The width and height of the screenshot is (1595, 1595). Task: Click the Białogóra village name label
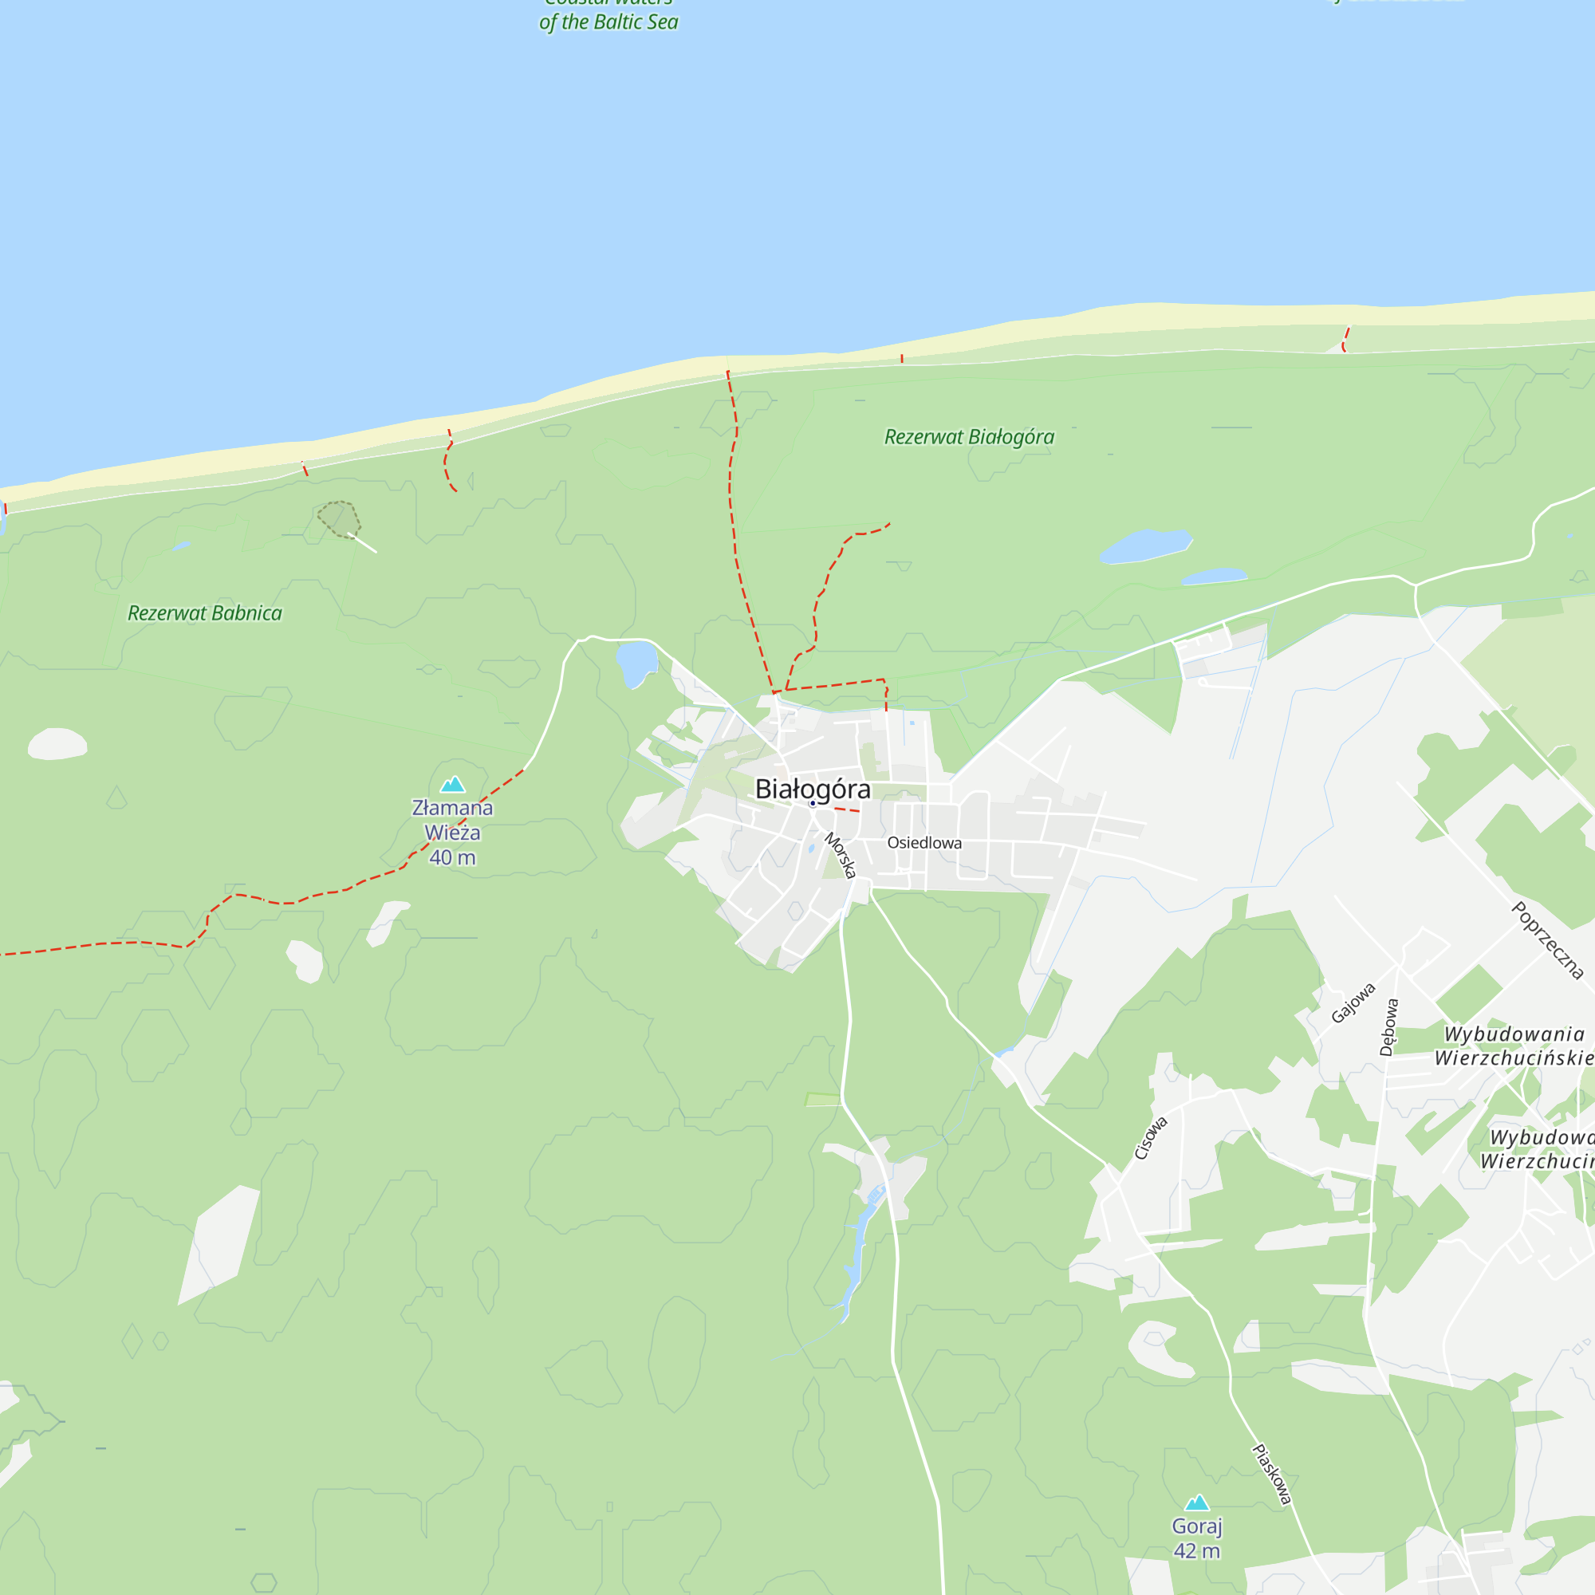(813, 790)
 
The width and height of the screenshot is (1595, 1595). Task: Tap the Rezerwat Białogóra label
(969, 437)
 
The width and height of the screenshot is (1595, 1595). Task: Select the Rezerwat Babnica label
(205, 613)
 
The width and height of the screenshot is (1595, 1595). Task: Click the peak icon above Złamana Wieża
(452, 784)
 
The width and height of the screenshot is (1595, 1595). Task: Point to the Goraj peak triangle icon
(1197, 1502)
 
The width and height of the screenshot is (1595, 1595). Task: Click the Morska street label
(841, 855)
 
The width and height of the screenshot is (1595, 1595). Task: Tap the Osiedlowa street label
(924, 843)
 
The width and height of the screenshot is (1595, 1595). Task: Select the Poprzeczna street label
(1547, 940)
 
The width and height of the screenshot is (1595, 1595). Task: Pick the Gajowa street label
(1353, 1002)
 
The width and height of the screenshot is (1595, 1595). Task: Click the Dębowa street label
(1389, 1027)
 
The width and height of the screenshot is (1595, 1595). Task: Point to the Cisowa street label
(1150, 1138)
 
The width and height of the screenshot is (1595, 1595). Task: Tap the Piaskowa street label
(1271, 1475)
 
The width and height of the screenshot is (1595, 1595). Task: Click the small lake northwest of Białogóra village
(636, 662)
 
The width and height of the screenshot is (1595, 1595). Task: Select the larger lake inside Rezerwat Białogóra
(1145, 545)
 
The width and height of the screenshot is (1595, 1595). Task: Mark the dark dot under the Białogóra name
(813, 803)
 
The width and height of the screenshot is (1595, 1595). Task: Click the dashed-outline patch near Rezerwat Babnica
(339, 519)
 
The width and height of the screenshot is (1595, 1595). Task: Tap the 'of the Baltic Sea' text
(608, 22)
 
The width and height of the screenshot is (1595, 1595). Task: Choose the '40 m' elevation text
(452, 858)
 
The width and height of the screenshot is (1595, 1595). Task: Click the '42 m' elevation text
(1196, 1551)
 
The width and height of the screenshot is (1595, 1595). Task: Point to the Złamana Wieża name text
(452, 820)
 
